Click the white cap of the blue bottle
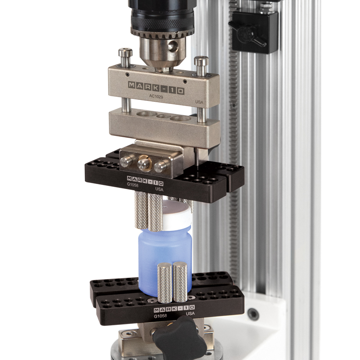coord(175,215)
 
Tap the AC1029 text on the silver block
coord(156,96)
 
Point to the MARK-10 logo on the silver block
coord(156,85)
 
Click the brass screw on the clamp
coord(144,163)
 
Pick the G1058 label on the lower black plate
coord(161,316)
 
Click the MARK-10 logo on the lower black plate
coord(174,309)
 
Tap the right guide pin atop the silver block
coord(201,65)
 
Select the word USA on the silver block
coord(199,103)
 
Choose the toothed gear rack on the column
coord(233,135)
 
